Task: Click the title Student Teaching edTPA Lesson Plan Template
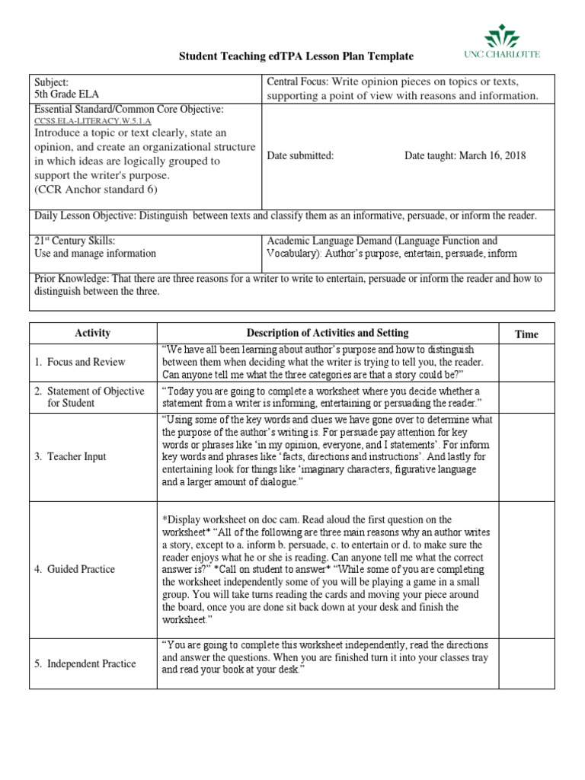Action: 296,56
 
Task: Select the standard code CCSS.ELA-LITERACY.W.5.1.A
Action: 93,121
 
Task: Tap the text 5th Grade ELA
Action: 67,94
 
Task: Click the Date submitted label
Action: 300,155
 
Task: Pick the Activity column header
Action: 93,333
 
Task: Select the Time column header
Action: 526,334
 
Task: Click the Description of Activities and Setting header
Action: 328,333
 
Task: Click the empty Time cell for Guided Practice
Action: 526,569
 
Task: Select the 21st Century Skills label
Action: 75,241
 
